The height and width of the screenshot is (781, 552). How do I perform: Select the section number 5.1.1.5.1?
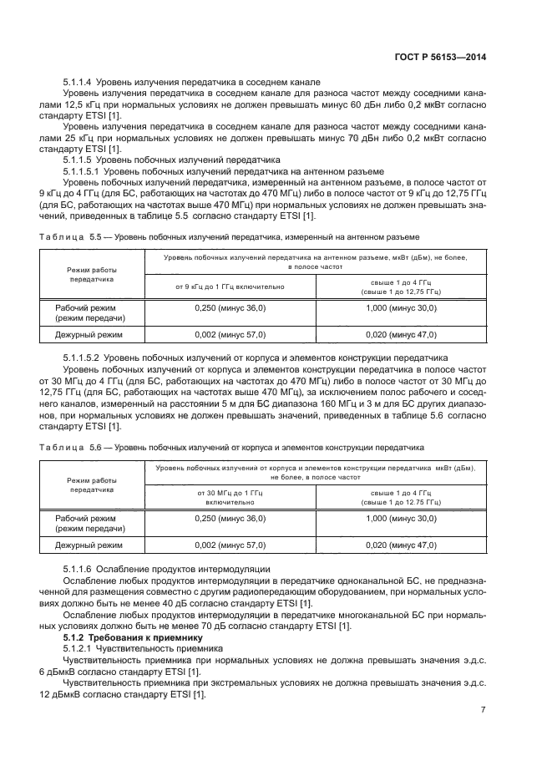[84, 170]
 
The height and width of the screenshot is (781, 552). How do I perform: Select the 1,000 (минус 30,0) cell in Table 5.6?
[401, 520]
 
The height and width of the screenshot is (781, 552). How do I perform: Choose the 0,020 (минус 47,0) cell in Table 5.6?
[401, 545]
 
